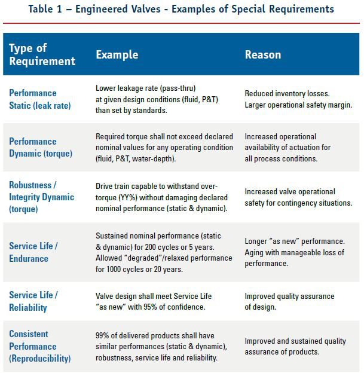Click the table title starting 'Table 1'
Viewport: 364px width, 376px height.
182,9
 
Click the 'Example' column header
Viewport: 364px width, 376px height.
117,54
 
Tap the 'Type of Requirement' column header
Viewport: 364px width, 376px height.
42,54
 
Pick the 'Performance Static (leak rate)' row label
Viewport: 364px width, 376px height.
40,99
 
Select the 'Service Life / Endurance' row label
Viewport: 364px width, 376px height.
33,252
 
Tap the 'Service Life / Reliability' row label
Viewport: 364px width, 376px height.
33,301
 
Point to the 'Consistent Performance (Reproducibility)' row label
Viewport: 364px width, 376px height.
39,346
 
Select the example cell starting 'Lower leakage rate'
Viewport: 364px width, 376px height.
157,99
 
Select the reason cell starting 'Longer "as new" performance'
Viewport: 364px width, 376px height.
294,252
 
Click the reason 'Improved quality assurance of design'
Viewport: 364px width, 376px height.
289,301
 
